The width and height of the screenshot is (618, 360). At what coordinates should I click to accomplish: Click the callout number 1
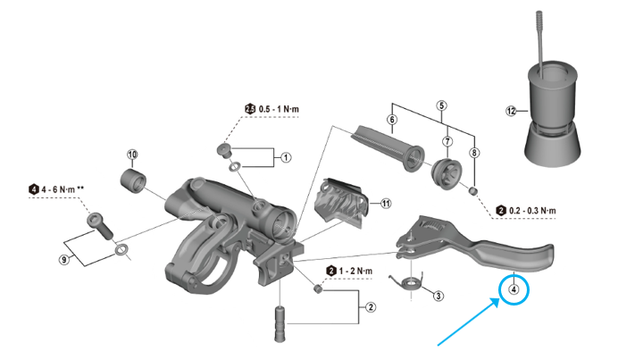[x=287, y=157]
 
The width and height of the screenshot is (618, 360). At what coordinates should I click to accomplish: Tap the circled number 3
[x=438, y=295]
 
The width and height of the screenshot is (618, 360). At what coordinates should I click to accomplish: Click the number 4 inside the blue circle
[x=514, y=289]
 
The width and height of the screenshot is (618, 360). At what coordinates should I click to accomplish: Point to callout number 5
[x=440, y=105]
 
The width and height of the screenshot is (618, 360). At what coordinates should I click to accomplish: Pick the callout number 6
[x=391, y=119]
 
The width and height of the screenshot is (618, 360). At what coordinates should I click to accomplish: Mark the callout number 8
[x=475, y=153]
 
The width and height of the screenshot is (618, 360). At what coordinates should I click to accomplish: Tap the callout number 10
[x=132, y=155]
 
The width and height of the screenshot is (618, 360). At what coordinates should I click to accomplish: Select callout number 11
[x=386, y=203]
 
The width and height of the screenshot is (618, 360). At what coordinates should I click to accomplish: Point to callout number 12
[x=511, y=112]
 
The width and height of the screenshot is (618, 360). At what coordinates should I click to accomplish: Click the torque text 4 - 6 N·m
[x=67, y=189]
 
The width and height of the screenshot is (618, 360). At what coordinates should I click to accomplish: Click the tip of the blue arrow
[x=498, y=304]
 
